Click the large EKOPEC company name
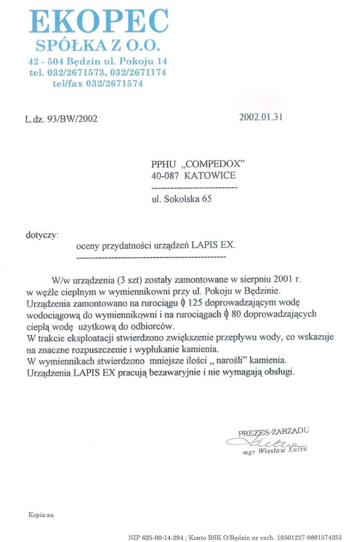pos(99,22)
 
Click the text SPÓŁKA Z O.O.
pos(99,45)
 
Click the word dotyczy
pos(42,234)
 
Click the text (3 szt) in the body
pos(123,280)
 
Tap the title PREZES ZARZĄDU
pos(273,431)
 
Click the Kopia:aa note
pos(41,514)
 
